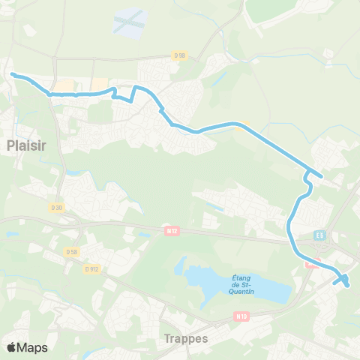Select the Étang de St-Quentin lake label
[239, 283]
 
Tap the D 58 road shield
[72, 252]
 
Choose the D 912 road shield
[91, 268]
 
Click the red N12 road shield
[171, 231]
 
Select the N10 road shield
[241, 317]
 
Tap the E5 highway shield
[320, 235]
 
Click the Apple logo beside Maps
[12, 347]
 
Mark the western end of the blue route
[13, 73]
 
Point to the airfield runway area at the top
[129, 22]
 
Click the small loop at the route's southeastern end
[344, 280]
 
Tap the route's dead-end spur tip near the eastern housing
[322, 177]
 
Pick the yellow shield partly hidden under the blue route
[238, 127]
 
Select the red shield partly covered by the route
[310, 262]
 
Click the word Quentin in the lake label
[239, 292]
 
